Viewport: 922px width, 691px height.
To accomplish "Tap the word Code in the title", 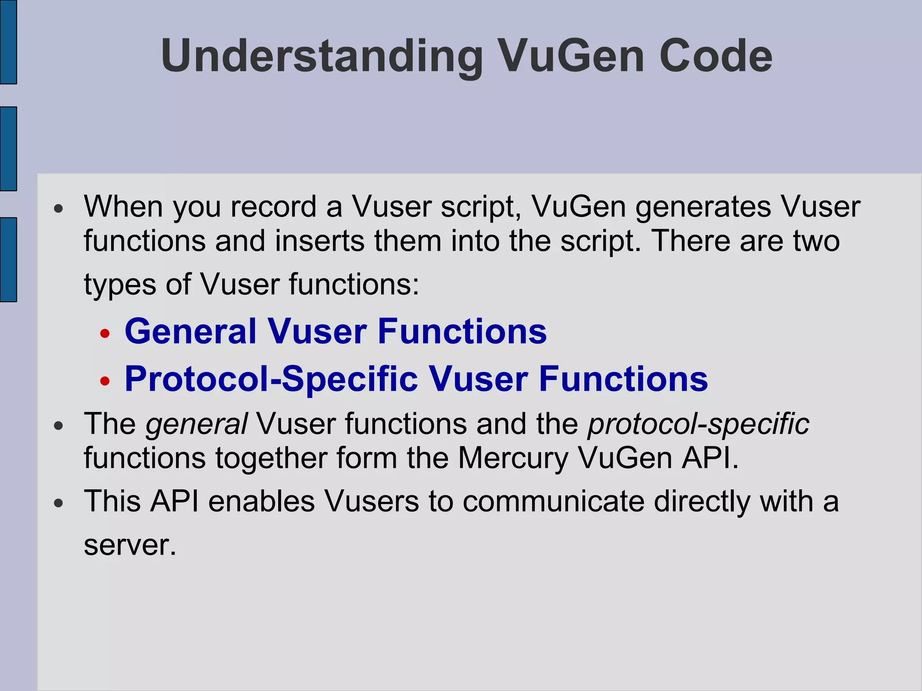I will coord(715,56).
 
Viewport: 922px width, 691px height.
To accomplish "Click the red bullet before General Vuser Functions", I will coord(105,334).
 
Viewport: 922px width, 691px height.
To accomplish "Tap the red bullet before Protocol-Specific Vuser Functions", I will coord(105,381).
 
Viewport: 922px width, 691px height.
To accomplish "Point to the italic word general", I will coord(196,424).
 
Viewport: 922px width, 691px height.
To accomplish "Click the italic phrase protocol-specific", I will coord(698,424).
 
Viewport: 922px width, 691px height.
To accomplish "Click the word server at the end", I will coord(129,545).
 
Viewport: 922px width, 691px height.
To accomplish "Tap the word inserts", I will coord(320,241).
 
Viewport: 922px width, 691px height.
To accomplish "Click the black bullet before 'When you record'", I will coord(59,209).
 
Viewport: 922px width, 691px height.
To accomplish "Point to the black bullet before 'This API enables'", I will coord(59,503).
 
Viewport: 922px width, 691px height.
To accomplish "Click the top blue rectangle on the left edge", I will coord(8,42).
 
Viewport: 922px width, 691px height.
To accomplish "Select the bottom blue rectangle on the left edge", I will coord(8,260).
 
